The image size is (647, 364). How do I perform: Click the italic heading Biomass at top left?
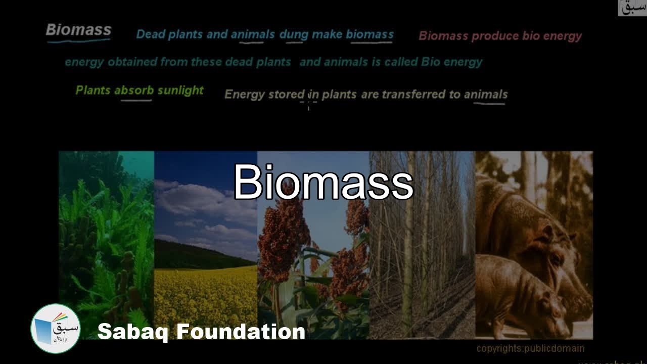(x=78, y=30)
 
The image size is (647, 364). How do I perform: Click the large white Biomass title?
(x=323, y=183)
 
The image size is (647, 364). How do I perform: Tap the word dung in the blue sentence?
(x=291, y=34)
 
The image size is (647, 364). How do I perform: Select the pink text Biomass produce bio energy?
(x=500, y=36)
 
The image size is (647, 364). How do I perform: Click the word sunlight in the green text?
(x=180, y=90)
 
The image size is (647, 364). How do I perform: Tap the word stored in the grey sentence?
(x=287, y=95)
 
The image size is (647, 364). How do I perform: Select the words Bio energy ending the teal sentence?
(x=452, y=62)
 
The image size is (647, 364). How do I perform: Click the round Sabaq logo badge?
(x=55, y=328)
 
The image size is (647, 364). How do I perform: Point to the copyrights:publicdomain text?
(x=530, y=348)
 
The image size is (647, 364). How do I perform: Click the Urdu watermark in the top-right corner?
(x=632, y=8)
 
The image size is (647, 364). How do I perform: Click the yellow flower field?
(x=205, y=298)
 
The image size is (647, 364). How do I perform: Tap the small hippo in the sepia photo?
(x=521, y=293)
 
